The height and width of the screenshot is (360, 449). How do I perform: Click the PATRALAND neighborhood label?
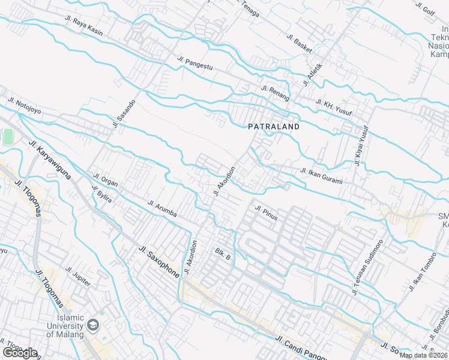(274, 127)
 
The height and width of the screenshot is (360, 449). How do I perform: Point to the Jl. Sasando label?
(124, 113)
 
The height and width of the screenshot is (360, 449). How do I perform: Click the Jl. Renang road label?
(276, 93)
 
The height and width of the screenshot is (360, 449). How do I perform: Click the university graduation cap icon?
(93, 326)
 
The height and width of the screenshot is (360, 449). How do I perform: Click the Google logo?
(20, 352)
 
